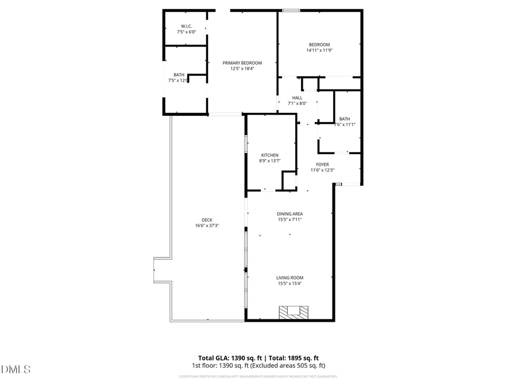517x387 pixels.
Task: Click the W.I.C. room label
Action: (x=186, y=26)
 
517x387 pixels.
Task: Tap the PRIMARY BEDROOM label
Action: (x=242, y=62)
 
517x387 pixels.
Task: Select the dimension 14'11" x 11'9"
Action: (x=319, y=50)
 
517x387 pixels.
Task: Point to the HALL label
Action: (x=297, y=98)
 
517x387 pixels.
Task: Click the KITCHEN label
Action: (x=270, y=155)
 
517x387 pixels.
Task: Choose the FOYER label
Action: (x=322, y=164)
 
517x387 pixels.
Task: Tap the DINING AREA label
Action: (x=290, y=214)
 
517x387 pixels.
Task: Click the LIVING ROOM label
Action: (x=290, y=278)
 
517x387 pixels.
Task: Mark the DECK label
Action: (x=207, y=220)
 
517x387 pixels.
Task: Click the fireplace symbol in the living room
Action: (x=294, y=312)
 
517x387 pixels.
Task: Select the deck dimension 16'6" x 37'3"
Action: (x=207, y=226)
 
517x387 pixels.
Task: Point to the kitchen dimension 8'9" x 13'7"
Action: (x=270, y=161)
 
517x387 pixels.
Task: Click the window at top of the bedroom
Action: (x=291, y=10)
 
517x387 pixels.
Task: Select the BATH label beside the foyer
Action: (x=344, y=119)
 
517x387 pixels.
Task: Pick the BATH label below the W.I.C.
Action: (x=179, y=75)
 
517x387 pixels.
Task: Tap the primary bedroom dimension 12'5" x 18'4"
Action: (x=242, y=69)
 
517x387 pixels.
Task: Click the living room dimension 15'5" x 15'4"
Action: (x=290, y=284)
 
